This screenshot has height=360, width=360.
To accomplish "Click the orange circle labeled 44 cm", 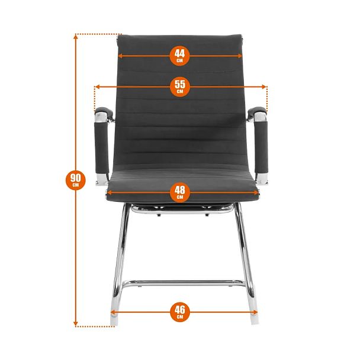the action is coord(179,56).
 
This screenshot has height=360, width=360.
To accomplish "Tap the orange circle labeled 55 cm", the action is coord(180,86).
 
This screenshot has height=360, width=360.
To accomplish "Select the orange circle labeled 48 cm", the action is coord(180,192).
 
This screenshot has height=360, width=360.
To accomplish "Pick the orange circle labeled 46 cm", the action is coord(180,312).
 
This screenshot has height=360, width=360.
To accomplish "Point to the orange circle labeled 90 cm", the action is coord(76,180).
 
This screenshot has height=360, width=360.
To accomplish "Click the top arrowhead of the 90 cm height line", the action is coord(76,37).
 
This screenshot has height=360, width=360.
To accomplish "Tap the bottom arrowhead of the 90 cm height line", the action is coord(76,324).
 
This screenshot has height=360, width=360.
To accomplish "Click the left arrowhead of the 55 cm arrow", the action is coord(97,86).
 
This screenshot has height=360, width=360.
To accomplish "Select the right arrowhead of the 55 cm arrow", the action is coord(264,87).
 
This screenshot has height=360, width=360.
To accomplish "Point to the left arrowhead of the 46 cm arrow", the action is coord(112,312).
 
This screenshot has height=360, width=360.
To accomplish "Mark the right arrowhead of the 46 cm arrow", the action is coord(255,312).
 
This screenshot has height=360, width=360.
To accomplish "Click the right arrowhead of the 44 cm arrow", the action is coord(240,56).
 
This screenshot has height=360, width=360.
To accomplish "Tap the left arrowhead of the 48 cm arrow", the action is coord(110,192).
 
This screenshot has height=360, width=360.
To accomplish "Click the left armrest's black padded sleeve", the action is coord(101,147).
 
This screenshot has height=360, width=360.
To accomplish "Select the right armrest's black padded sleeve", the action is coord(261,147).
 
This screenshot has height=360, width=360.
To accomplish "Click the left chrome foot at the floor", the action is coord(114,320).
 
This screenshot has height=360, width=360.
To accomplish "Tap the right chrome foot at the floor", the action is coord(254,319).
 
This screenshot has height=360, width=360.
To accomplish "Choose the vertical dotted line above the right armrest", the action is coord(267,98).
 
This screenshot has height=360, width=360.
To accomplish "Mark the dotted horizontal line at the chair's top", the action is coord(98,34).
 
